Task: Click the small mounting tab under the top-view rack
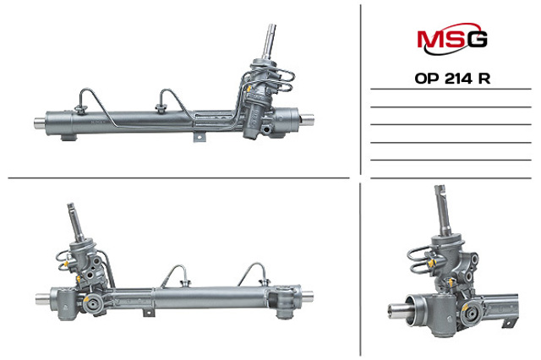click(200, 136)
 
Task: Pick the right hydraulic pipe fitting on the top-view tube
click(158, 107)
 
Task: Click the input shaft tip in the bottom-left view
click(74, 211)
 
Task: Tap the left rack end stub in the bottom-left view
click(42, 297)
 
